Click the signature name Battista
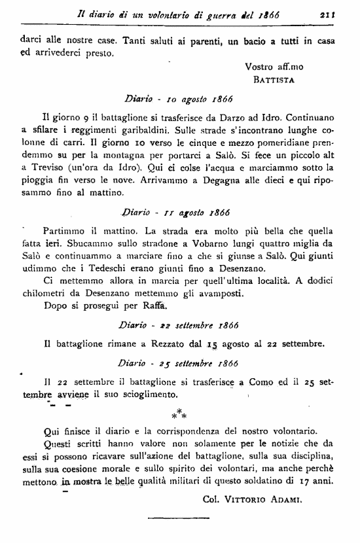click(274, 80)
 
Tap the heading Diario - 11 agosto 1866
click(179, 212)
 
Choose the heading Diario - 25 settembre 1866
click(179, 362)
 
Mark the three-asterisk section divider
click(179, 413)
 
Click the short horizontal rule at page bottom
click(179, 519)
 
